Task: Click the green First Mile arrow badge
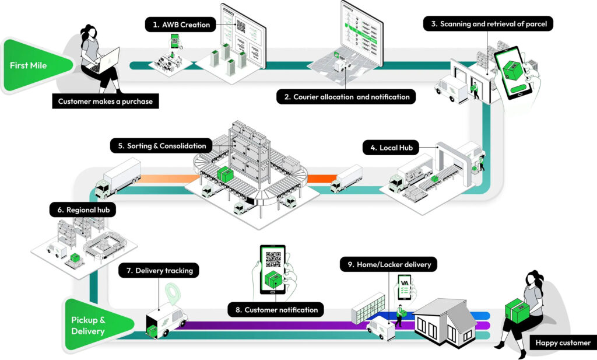pyautogui.click(x=32, y=65)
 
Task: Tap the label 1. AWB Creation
pyautogui.click(x=181, y=25)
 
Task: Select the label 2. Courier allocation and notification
pyautogui.click(x=346, y=97)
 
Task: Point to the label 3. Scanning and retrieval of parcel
pyautogui.click(x=488, y=24)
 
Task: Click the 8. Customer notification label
pyautogui.click(x=276, y=310)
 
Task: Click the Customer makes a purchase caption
pyautogui.click(x=105, y=102)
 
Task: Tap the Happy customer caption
pyautogui.click(x=563, y=343)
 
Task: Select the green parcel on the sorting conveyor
pyautogui.click(x=225, y=174)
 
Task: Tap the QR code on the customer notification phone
pyautogui.click(x=272, y=260)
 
